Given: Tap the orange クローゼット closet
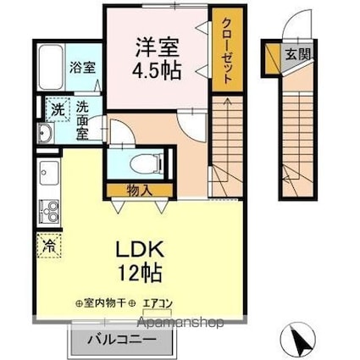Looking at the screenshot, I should click(x=224, y=51).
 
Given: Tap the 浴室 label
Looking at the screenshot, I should click(x=81, y=66).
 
